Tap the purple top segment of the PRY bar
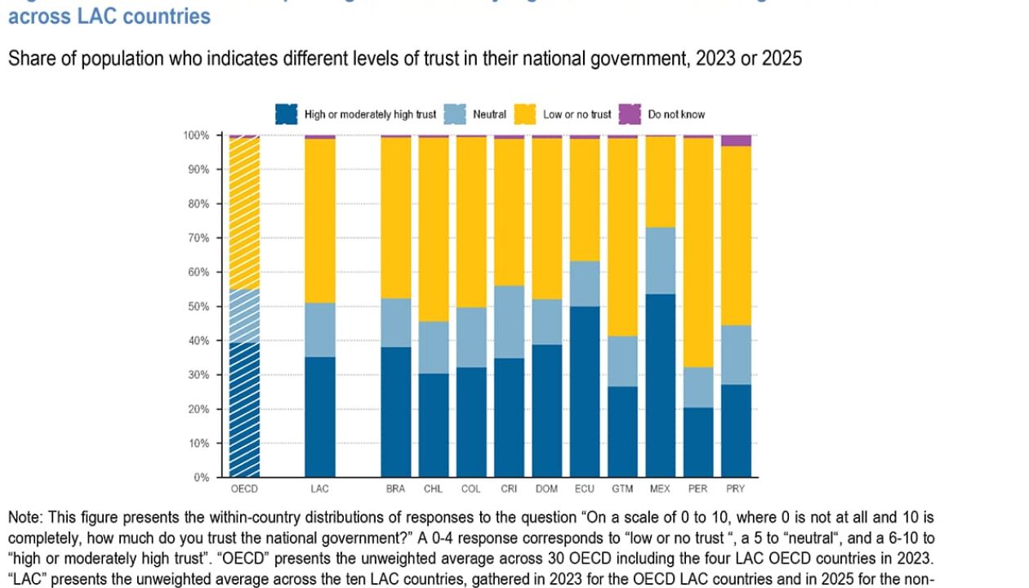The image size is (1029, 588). pyautogui.click(x=736, y=140)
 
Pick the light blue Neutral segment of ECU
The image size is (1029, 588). pyautogui.click(x=585, y=283)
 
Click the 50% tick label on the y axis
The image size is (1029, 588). pyautogui.click(x=198, y=306)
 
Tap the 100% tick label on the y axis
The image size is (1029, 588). pyautogui.click(x=196, y=135)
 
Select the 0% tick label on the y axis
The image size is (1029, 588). pyautogui.click(x=201, y=477)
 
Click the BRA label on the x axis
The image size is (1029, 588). pyautogui.click(x=396, y=489)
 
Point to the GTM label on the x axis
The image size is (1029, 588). pyautogui.click(x=622, y=489)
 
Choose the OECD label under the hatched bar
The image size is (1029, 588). pyautogui.click(x=244, y=489)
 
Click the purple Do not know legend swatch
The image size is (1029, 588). pyautogui.click(x=630, y=114)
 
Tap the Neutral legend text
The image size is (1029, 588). pyautogui.click(x=489, y=114)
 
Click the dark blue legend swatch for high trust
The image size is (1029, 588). pyautogui.click(x=287, y=114)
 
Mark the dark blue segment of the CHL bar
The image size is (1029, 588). pyautogui.click(x=434, y=425)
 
